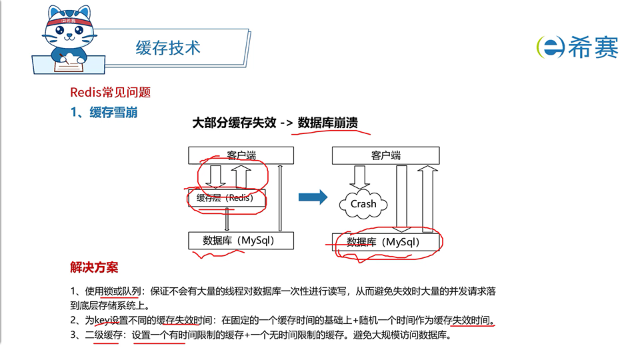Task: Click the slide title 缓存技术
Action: tap(167, 47)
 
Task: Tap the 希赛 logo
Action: tap(577, 47)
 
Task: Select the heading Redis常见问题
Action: tap(115, 93)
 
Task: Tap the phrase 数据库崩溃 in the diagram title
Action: tap(328, 123)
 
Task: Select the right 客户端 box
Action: tap(386, 155)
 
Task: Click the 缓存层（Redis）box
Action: tap(227, 197)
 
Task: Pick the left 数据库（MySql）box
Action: tap(239, 240)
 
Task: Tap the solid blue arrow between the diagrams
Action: tap(313, 197)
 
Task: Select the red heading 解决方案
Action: tap(94, 267)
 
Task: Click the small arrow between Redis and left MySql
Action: tap(227, 219)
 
